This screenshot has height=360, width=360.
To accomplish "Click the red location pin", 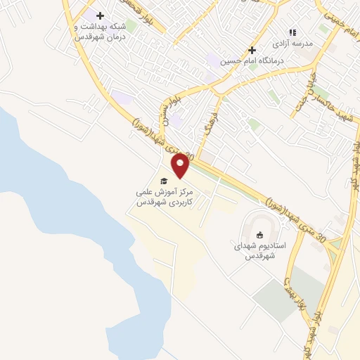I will click(x=181, y=165).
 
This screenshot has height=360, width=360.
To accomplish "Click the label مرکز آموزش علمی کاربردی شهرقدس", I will click(x=164, y=196).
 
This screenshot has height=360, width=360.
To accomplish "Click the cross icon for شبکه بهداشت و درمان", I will click(x=100, y=15).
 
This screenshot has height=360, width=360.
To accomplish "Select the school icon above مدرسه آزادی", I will click(x=293, y=32).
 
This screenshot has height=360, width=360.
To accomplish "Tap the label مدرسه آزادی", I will click(x=296, y=44).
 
